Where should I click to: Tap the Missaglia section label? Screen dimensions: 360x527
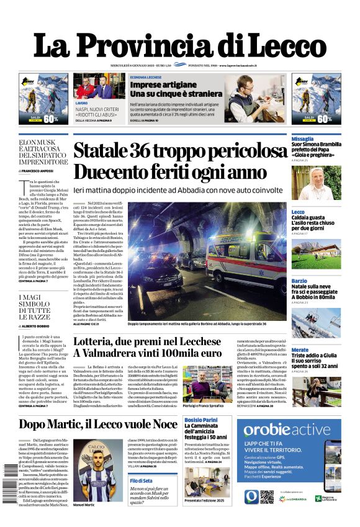[303, 138]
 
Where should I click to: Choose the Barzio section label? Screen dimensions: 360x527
[299, 281]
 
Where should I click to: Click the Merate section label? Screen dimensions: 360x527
[300, 350]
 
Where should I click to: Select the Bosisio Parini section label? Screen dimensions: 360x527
[202, 420]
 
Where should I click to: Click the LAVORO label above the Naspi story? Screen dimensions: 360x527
[81, 102]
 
